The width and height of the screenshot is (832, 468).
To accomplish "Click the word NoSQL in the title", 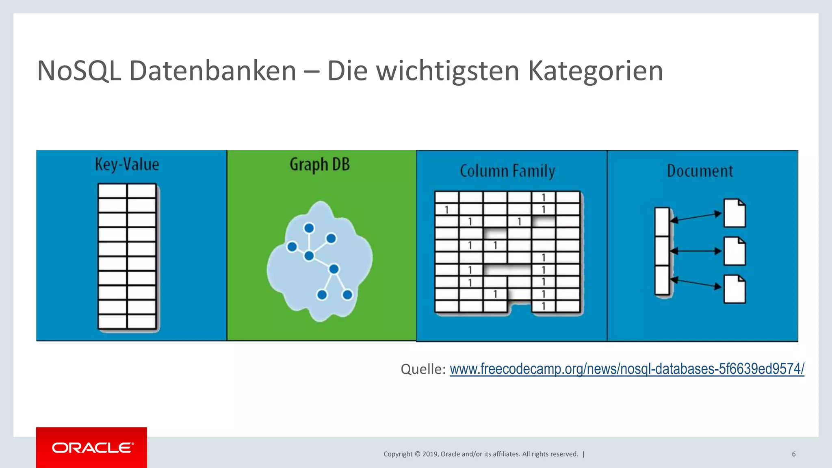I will click(x=79, y=71).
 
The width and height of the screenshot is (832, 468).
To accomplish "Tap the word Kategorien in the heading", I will click(x=595, y=71).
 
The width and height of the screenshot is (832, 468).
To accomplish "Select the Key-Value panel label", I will click(x=127, y=165).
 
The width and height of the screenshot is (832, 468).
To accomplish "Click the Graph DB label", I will click(x=320, y=165).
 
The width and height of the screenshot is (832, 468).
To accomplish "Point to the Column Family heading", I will click(x=507, y=171).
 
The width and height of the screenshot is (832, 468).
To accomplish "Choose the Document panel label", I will click(x=700, y=171).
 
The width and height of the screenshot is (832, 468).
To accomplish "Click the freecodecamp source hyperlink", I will click(x=627, y=369).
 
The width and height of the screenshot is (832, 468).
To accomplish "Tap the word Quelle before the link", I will click(x=423, y=369).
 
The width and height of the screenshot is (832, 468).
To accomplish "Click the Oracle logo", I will click(x=92, y=448).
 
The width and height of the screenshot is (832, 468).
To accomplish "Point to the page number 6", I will click(x=794, y=454).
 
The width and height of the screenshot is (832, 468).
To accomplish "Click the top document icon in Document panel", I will click(x=734, y=213).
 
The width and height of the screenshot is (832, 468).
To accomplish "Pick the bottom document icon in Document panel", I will click(x=734, y=289).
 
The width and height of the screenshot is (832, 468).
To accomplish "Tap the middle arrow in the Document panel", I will click(x=695, y=251).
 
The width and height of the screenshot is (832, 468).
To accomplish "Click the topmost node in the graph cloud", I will click(x=309, y=228).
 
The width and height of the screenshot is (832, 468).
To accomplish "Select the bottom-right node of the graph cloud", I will click(x=347, y=295).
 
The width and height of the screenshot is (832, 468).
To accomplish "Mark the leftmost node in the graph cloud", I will click(x=292, y=247).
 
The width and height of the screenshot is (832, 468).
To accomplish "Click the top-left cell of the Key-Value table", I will click(x=113, y=191).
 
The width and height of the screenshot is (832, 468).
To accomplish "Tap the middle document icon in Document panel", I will click(x=734, y=251).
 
